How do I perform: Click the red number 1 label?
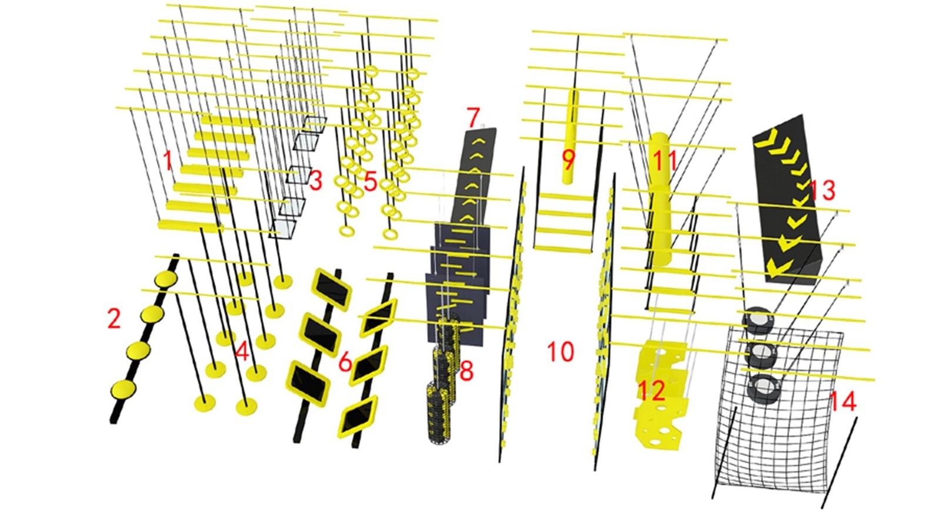coord(168,161)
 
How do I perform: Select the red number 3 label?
coord(315,180)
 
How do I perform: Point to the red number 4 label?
coord(242,351)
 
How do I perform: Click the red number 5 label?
coord(370,182)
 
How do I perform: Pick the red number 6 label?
coord(345,362)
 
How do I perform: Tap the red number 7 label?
coord(473,117)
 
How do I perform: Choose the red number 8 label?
coord(467,371)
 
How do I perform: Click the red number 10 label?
coord(561,351)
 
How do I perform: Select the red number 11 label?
coord(665,161)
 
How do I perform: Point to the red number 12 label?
coord(652,391)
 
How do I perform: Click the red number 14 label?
coord(843,402)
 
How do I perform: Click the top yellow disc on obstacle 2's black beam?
coord(166,279)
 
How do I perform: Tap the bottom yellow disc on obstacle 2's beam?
coord(123,389)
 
